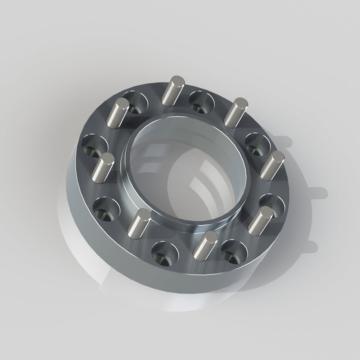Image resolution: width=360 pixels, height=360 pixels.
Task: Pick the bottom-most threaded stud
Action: point(205,245)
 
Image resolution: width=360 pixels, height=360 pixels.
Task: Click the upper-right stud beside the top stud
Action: point(235,111)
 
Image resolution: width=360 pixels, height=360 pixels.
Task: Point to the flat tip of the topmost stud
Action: point(177,80)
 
